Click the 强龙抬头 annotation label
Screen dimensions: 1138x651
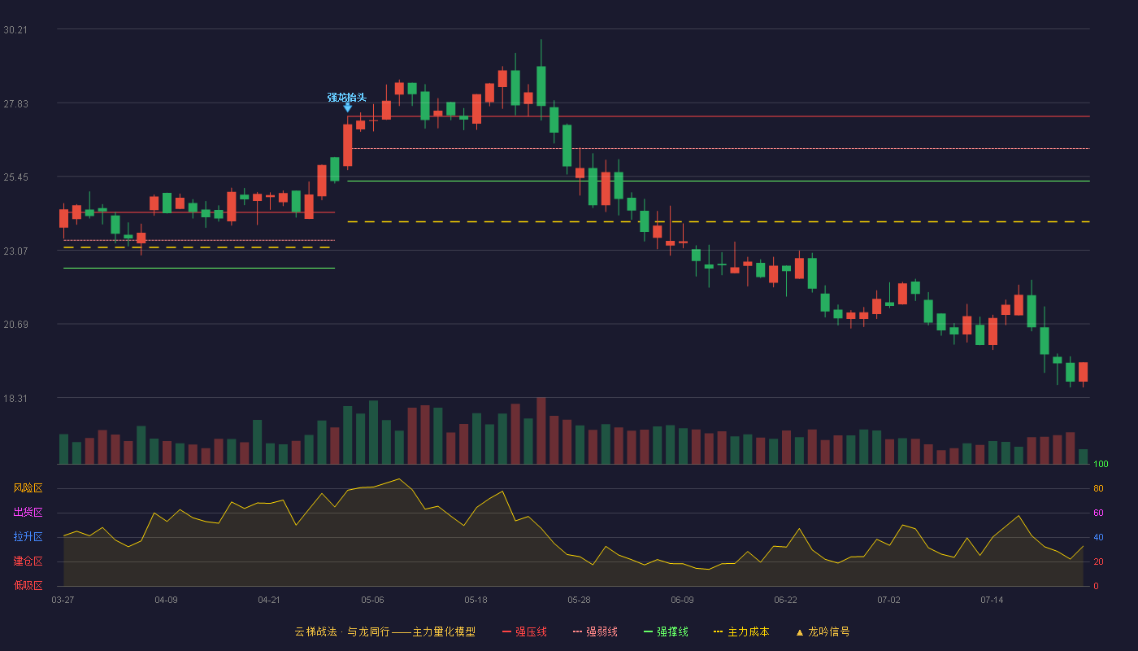[346, 97]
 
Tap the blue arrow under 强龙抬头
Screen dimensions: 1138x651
[348, 107]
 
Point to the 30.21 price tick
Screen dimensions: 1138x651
[15, 30]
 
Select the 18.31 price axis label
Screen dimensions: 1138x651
[15, 398]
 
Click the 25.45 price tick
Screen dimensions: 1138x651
[15, 177]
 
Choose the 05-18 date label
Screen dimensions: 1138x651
[476, 601]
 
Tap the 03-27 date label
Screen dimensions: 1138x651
[63, 601]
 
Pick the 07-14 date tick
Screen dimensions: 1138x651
[992, 601]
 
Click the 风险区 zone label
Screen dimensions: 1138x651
[28, 488]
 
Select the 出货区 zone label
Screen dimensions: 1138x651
[28, 512]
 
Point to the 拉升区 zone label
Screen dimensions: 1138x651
[28, 536]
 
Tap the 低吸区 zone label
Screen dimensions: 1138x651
[28, 585]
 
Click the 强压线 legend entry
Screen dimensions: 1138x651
[524, 631]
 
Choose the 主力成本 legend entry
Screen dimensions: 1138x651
[741, 631]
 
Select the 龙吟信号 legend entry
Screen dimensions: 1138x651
[823, 631]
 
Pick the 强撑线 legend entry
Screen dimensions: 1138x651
[666, 631]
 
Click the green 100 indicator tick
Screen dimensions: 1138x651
[1101, 464]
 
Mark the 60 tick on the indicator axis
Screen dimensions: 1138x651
[1098, 513]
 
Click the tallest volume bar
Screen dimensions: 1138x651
[541, 430]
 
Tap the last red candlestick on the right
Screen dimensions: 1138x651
[1083, 372]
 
